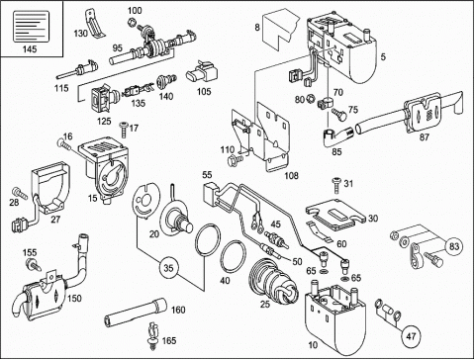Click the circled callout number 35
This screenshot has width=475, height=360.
click(x=168, y=268)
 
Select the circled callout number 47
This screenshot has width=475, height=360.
click(x=411, y=336)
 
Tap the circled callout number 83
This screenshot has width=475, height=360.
click(x=454, y=246)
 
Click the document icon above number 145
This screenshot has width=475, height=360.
click(x=31, y=27)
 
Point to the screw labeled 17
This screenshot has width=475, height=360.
click(x=124, y=130)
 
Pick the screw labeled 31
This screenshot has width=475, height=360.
click(x=336, y=185)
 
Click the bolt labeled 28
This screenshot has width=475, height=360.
click(x=21, y=193)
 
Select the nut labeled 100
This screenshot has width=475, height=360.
click(x=133, y=22)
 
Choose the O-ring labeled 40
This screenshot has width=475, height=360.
click(x=234, y=256)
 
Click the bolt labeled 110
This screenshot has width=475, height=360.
click(x=235, y=160)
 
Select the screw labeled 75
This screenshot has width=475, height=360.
click(x=339, y=114)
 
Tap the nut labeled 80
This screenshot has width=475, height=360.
click(x=310, y=99)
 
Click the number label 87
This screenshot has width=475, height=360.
click(x=424, y=136)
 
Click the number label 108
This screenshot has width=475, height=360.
click(x=291, y=175)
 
